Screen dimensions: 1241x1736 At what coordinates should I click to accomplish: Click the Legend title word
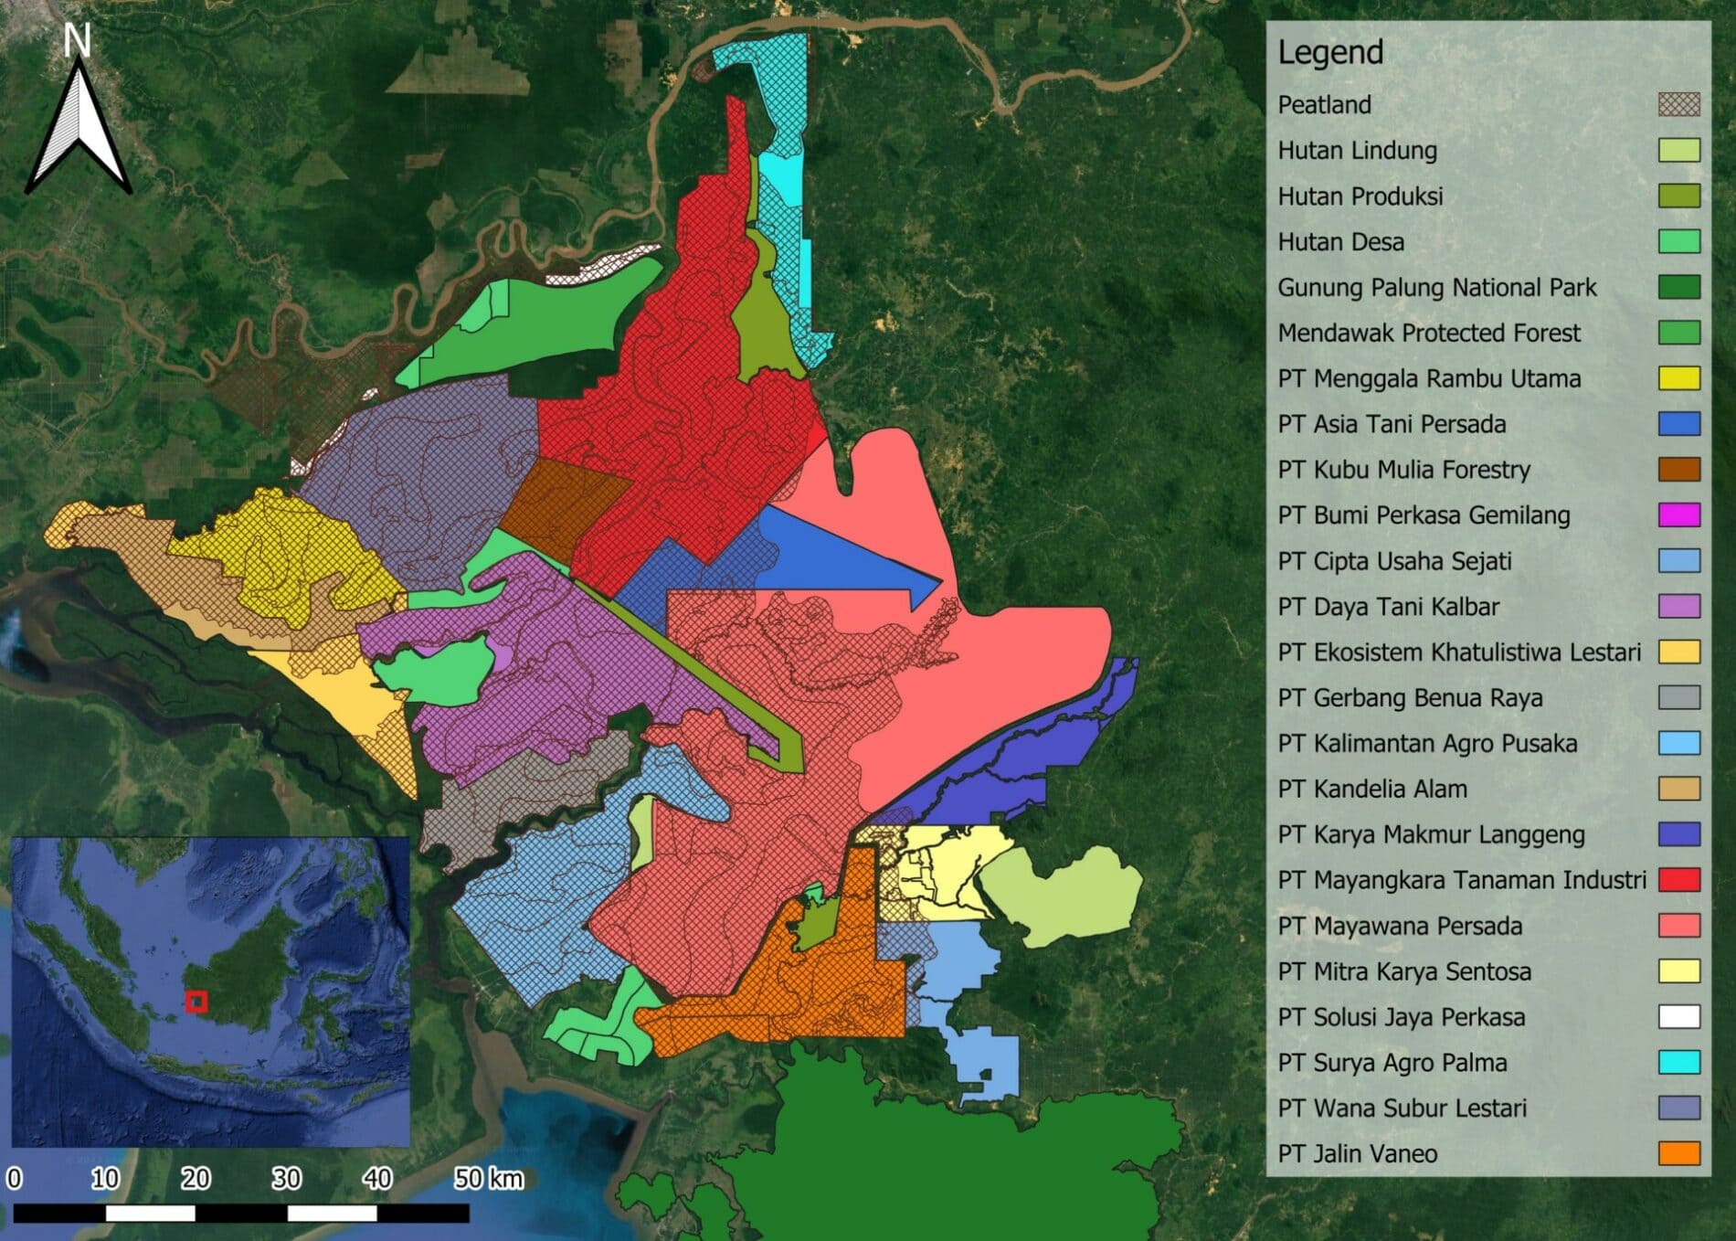(x=1329, y=52)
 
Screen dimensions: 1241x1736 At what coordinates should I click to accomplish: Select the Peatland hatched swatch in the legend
(x=1678, y=104)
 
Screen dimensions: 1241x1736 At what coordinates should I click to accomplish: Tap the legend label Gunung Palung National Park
(x=1436, y=287)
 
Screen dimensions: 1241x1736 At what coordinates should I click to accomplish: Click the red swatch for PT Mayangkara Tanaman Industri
(x=1678, y=880)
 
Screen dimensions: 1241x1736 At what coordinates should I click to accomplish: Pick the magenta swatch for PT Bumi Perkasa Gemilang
(x=1678, y=514)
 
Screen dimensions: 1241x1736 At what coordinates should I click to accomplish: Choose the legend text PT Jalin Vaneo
(x=1357, y=1153)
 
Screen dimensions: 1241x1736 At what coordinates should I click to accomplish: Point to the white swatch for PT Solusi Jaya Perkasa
(x=1678, y=1016)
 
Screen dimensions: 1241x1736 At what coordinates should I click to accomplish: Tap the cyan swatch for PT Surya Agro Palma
(x=1678, y=1062)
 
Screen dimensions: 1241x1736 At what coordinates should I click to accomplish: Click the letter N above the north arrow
(x=78, y=41)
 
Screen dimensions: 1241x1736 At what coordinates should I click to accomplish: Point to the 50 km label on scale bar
(x=489, y=1179)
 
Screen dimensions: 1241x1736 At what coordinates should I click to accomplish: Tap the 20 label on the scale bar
(x=196, y=1179)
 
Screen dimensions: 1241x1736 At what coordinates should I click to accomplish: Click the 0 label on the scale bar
(x=14, y=1179)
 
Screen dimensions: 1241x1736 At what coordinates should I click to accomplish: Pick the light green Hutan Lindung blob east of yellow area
(x=1064, y=896)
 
